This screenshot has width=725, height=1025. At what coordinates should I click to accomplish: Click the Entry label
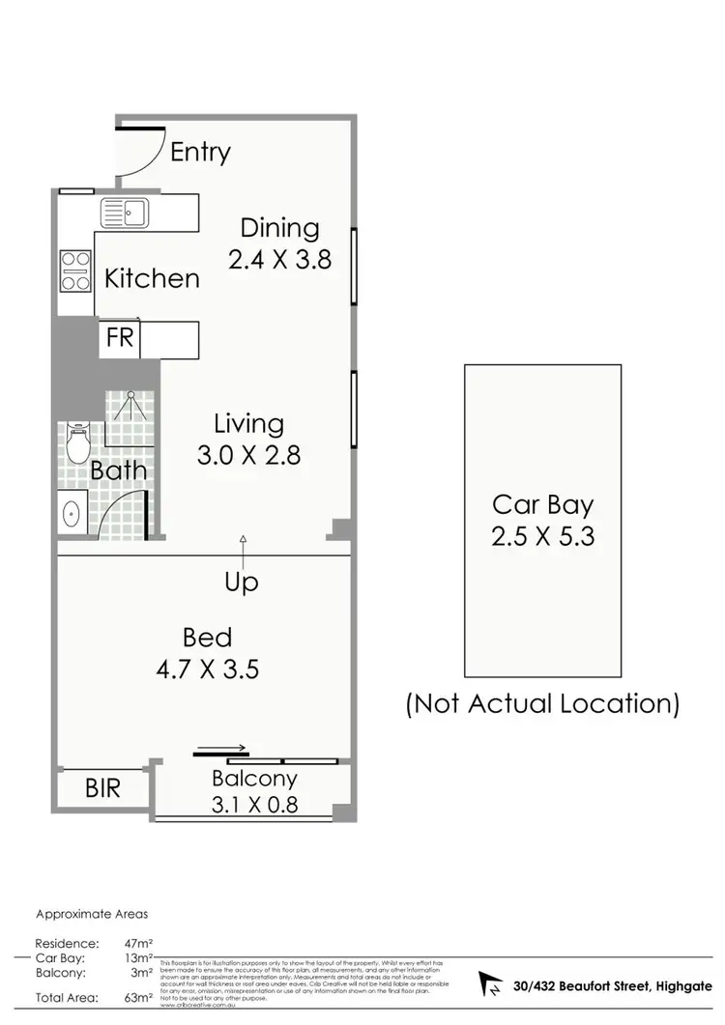[x=201, y=152]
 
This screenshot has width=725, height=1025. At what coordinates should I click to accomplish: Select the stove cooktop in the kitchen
[x=75, y=270]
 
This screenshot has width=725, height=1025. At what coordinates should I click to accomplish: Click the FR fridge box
[x=120, y=339]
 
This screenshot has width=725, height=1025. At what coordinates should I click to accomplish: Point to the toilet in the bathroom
[x=78, y=445]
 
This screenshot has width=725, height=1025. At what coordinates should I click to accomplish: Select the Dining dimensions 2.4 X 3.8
[x=279, y=259]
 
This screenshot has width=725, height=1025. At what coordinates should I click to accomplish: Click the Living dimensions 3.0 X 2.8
[x=248, y=454]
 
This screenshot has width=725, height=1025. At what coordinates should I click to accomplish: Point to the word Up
[x=242, y=583]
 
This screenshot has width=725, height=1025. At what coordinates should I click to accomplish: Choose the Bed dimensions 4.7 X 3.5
[x=208, y=669]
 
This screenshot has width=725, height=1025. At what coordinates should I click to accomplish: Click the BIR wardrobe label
[x=103, y=787]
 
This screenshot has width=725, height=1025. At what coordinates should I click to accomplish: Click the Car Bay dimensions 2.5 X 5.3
[x=542, y=535]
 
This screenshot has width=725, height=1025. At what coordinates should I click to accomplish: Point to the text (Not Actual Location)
[x=542, y=703]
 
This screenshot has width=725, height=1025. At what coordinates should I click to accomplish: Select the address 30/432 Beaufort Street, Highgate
[x=612, y=985]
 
